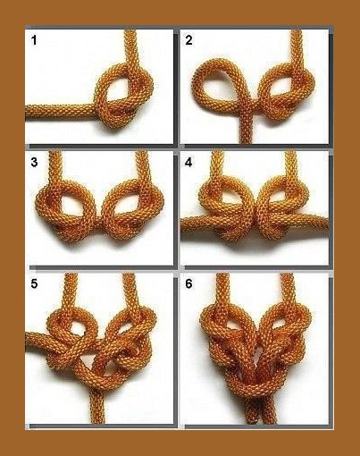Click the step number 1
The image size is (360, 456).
(34, 40)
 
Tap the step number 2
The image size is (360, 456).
(188, 40)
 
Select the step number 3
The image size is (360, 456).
(34, 163)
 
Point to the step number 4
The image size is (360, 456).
(188, 163)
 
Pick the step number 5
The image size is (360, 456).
(34, 284)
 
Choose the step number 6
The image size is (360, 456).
(188, 284)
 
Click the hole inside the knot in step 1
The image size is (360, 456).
(118, 89)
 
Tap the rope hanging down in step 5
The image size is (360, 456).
(97, 404)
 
